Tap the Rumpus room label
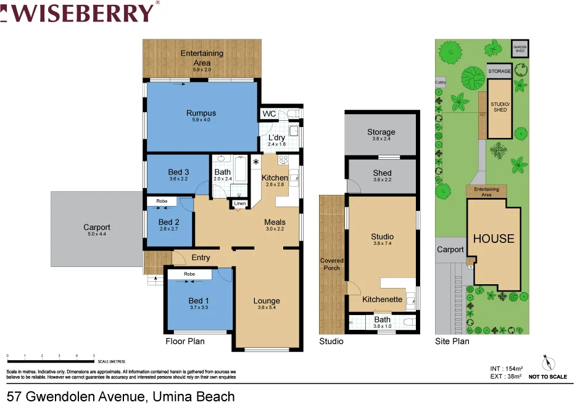(201, 113)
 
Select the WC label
(269, 114)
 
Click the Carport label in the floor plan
(97, 228)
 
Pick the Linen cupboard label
(239, 203)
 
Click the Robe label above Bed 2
(162, 201)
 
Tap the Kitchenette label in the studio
(383, 299)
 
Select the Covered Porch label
(332, 264)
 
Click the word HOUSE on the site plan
(493, 239)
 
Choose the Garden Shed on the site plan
(520, 48)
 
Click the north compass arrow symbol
(545, 362)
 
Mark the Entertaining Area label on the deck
(202, 57)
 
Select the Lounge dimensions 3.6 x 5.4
(267, 308)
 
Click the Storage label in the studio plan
(381, 132)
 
